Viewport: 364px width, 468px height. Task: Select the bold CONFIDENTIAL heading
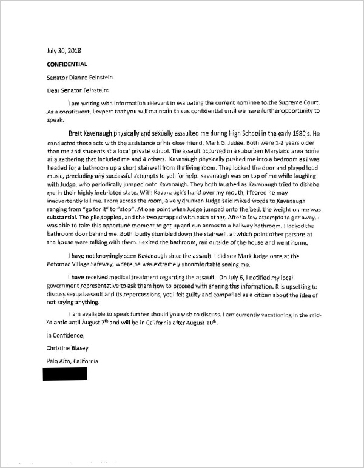pos(67,64)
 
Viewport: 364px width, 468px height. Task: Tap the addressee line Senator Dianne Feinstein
pos(79,78)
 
